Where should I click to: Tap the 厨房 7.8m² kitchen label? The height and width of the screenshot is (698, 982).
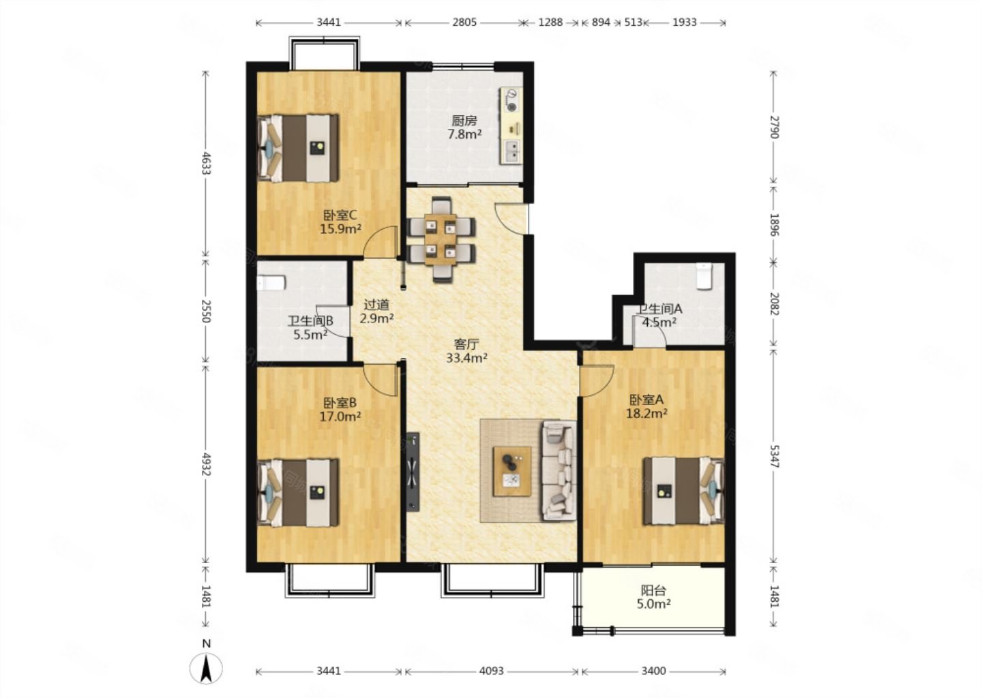(x=464, y=127)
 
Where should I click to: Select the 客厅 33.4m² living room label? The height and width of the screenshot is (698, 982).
(x=467, y=351)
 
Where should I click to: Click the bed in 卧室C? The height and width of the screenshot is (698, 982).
(x=299, y=148)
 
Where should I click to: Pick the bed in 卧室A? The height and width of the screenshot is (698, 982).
(x=683, y=491)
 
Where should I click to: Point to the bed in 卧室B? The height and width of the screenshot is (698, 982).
(x=299, y=493)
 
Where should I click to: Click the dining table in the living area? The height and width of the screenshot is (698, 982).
(x=441, y=239)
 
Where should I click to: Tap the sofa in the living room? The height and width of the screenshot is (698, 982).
(x=560, y=470)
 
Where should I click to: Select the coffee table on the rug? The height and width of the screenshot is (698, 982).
(x=512, y=472)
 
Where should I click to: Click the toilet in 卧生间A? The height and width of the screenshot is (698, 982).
(x=704, y=276)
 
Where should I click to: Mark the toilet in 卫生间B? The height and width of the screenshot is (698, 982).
(x=271, y=283)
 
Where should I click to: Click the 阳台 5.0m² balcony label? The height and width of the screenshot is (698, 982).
(x=653, y=597)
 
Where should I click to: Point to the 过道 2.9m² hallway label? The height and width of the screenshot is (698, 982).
(x=376, y=311)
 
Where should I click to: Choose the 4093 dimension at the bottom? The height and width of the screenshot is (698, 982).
(x=492, y=671)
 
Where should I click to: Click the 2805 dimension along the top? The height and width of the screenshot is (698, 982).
(x=464, y=22)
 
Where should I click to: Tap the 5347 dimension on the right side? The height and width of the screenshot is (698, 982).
(x=774, y=456)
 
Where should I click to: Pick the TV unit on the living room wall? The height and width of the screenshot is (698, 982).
(x=413, y=472)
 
